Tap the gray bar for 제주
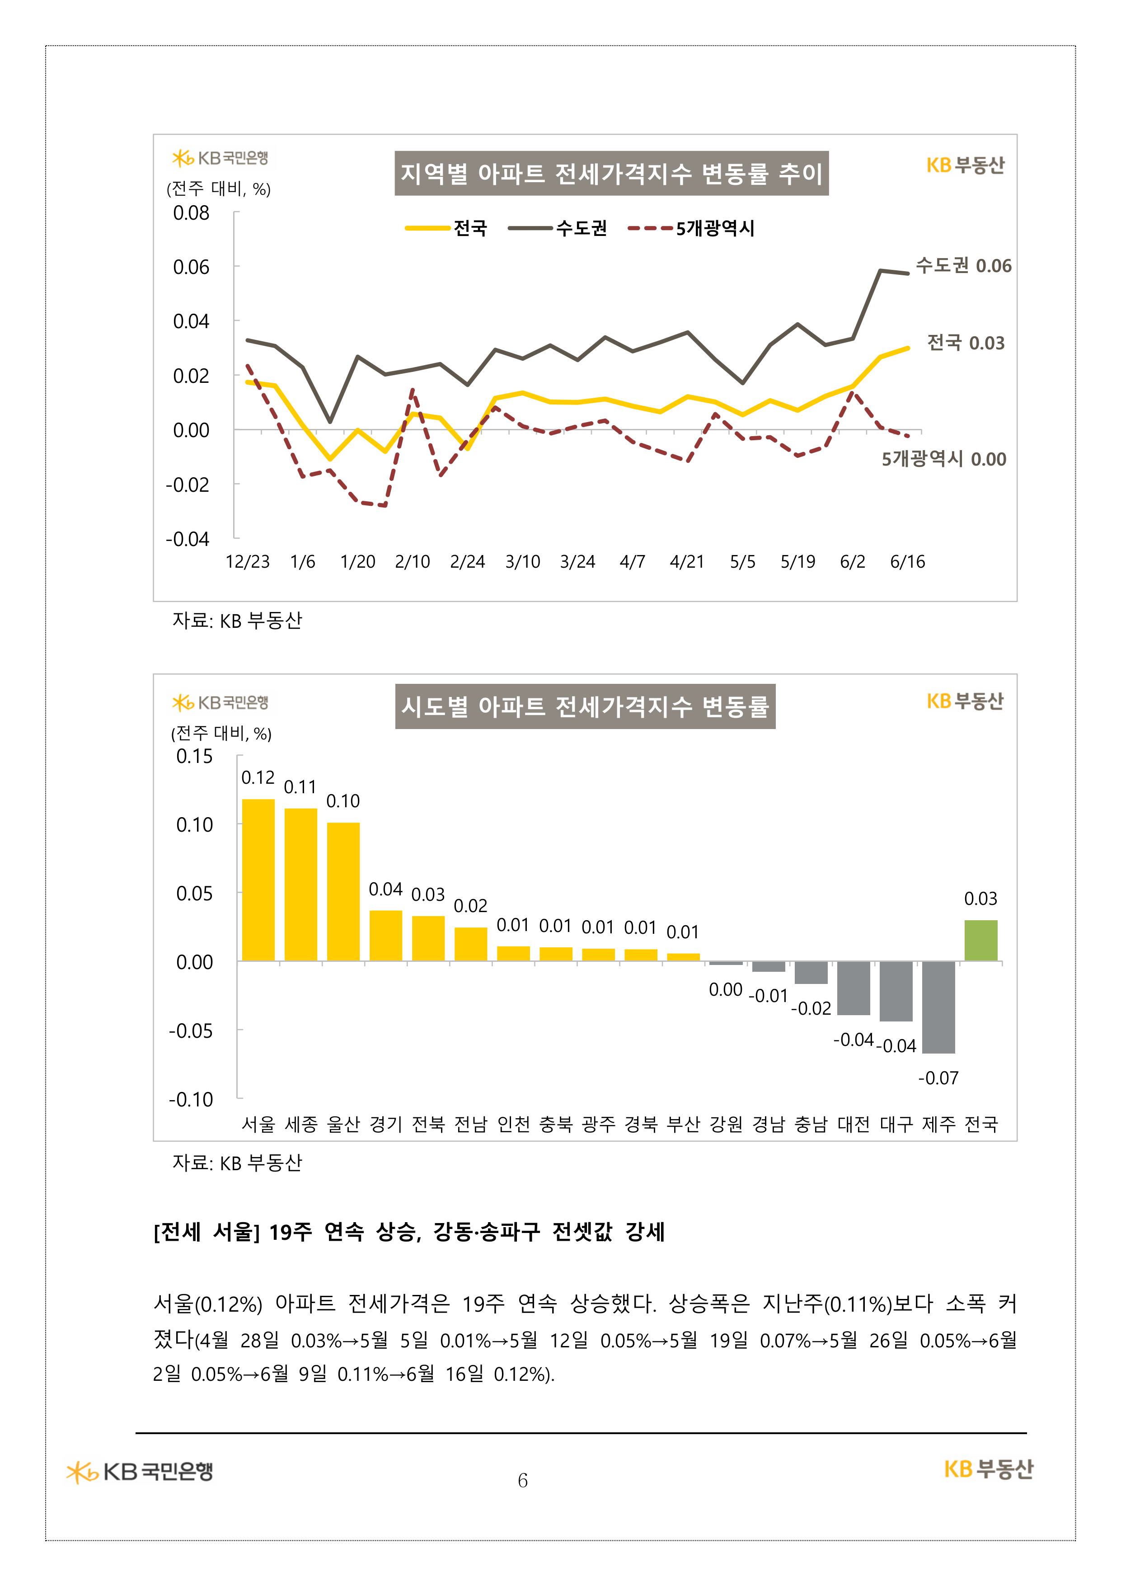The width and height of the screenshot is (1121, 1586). tap(938, 1007)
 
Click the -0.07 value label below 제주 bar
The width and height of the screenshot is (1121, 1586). tap(938, 1078)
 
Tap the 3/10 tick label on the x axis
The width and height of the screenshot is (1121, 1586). tap(522, 562)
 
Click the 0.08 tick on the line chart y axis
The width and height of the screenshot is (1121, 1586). tap(191, 213)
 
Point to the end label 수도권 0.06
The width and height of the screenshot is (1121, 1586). tap(963, 266)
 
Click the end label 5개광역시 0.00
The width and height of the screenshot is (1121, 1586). tap(943, 459)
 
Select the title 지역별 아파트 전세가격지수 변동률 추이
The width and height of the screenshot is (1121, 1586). tap(611, 174)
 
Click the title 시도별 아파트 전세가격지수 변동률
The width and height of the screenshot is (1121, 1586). tap(585, 706)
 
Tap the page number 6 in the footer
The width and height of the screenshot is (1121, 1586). tap(523, 1480)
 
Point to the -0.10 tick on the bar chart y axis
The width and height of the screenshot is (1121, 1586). tap(191, 1099)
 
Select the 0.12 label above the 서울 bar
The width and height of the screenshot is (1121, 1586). tap(258, 778)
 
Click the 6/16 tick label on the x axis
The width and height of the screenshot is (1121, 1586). tap(907, 562)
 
